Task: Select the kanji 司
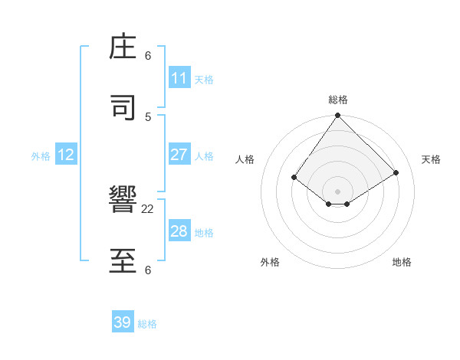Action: click(x=123, y=108)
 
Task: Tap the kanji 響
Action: click(x=123, y=201)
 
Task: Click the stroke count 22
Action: click(x=148, y=208)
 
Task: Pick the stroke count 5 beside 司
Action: click(x=148, y=116)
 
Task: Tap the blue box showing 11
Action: click(x=179, y=78)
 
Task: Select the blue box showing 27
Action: click(x=179, y=155)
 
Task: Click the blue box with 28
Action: click(x=179, y=231)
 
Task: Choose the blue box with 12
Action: click(x=66, y=155)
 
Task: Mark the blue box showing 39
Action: click(x=123, y=322)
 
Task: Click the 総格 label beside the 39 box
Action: click(x=148, y=324)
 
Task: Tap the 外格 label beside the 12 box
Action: click(x=41, y=156)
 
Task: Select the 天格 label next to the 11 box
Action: click(x=204, y=80)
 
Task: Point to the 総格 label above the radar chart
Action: click(x=338, y=100)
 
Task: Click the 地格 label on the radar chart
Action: click(x=402, y=262)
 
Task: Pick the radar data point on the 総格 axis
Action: click(x=338, y=116)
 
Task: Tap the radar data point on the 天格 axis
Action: click(x=396, y=172)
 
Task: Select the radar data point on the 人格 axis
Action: click(x=294, y=177)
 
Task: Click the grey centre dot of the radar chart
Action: click(x=338, y=191)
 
